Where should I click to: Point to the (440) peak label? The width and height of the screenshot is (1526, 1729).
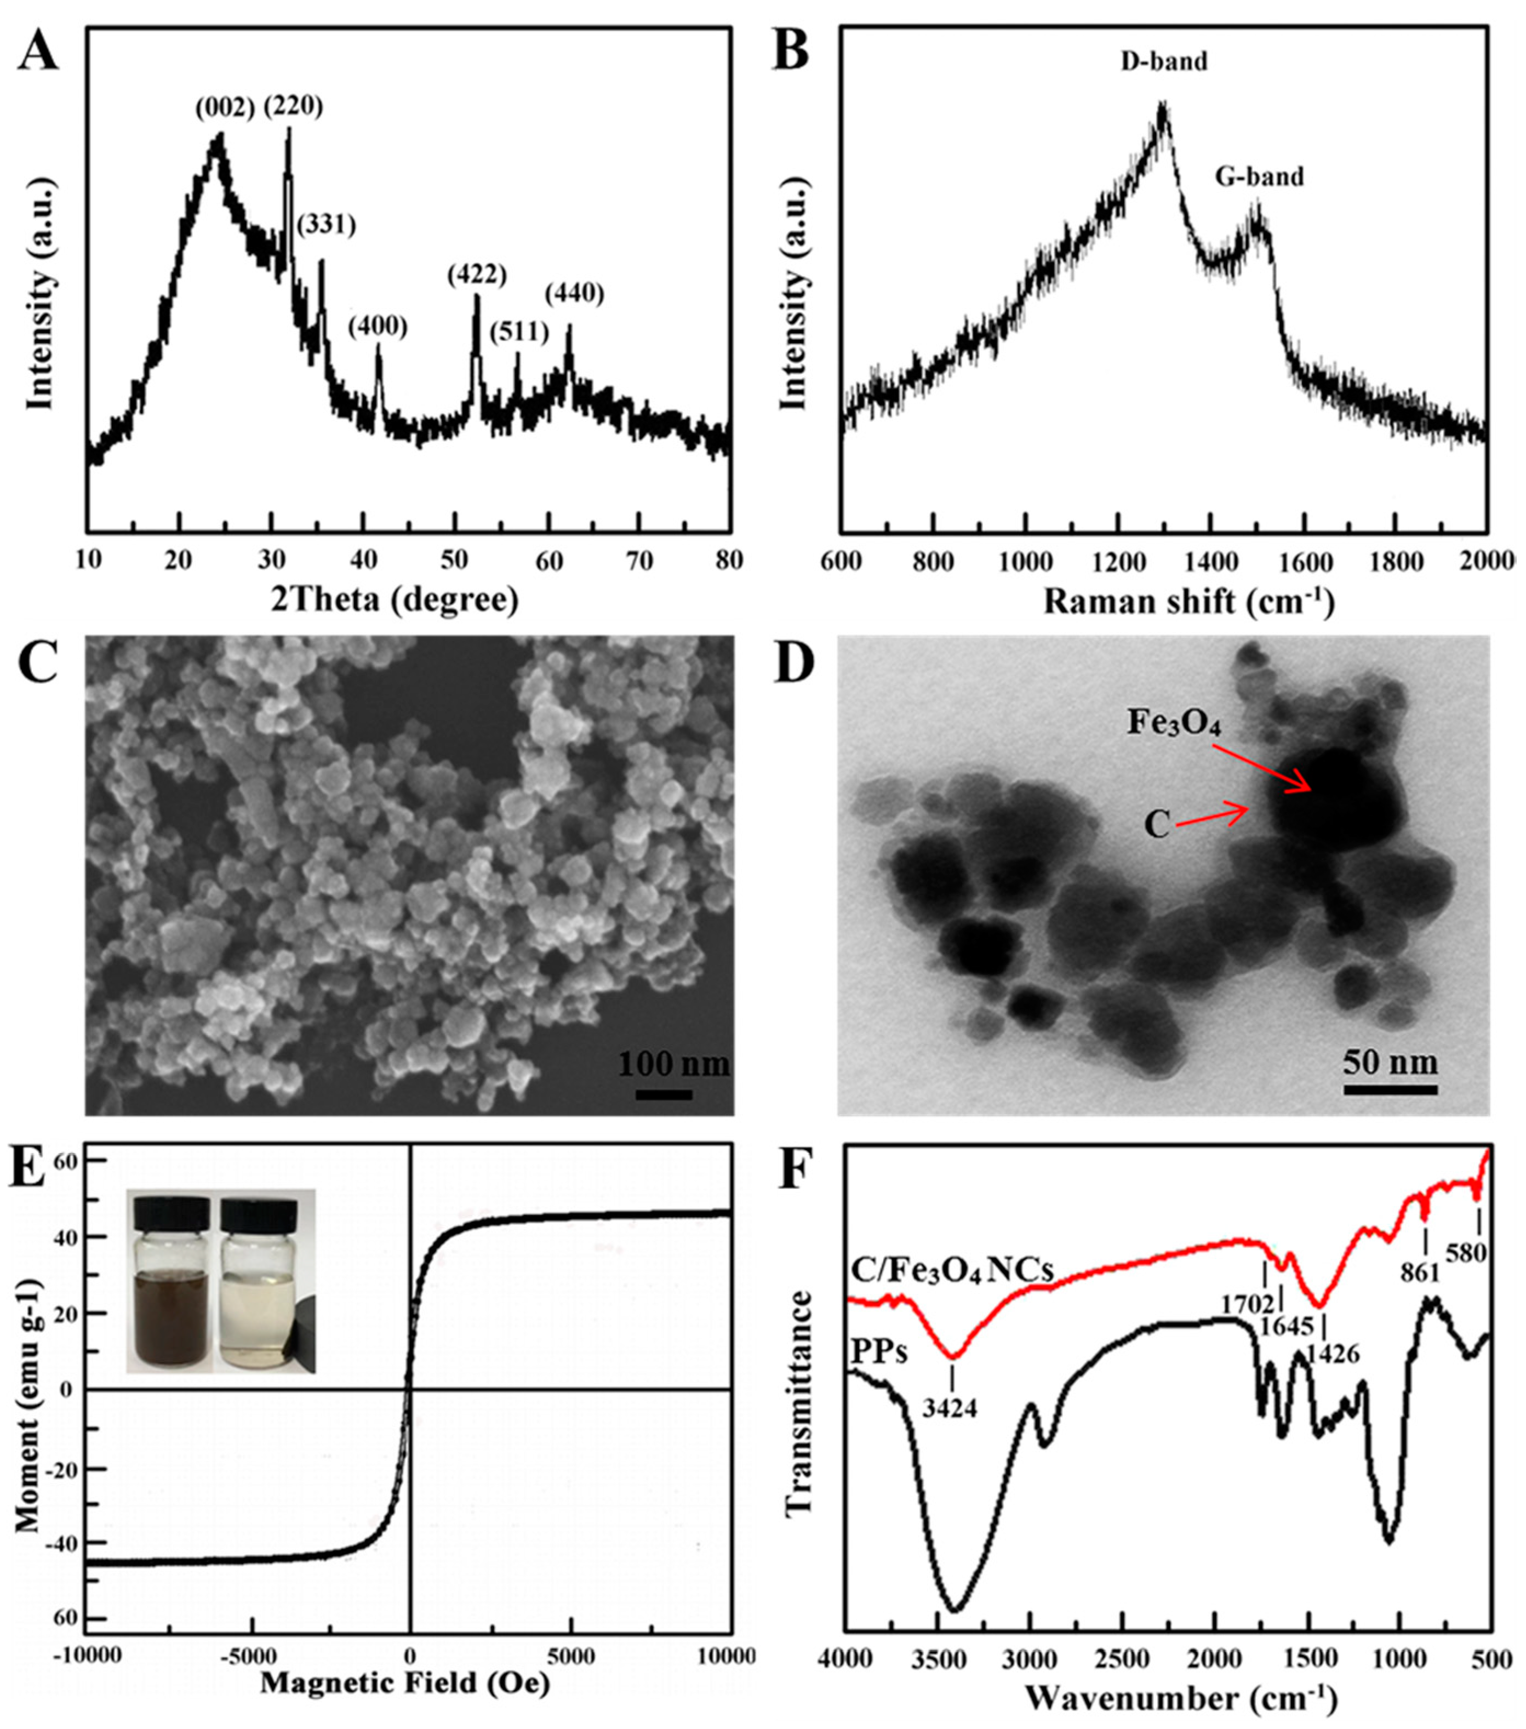click(574, 294)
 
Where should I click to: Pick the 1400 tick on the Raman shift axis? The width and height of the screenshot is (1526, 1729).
click(1212, 561)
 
